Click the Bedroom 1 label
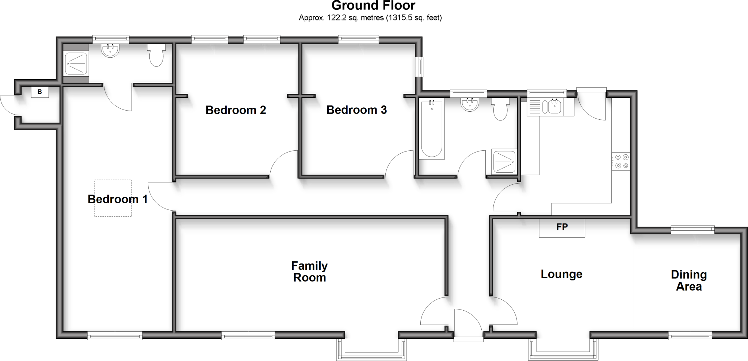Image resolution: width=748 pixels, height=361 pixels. pos(118,199)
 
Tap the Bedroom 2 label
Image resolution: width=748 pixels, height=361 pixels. pos(236,110)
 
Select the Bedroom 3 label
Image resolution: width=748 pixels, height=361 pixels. pos(356,110)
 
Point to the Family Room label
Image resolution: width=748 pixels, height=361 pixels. pos(309,272)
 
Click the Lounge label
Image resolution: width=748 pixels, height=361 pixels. pos(561,274)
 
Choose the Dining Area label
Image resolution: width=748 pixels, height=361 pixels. pos(688,280)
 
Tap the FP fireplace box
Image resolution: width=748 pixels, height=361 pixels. pos(562,227)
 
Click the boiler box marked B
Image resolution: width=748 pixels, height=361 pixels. pos(40,92)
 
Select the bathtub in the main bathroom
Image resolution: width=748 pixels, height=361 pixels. pos(432,128)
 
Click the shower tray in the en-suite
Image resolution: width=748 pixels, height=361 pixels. pos(76,63)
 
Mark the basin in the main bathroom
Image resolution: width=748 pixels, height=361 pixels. pos(470,104)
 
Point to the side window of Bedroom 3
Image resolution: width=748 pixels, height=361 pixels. pos(420,67)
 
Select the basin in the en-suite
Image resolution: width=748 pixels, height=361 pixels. pos(110,51)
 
